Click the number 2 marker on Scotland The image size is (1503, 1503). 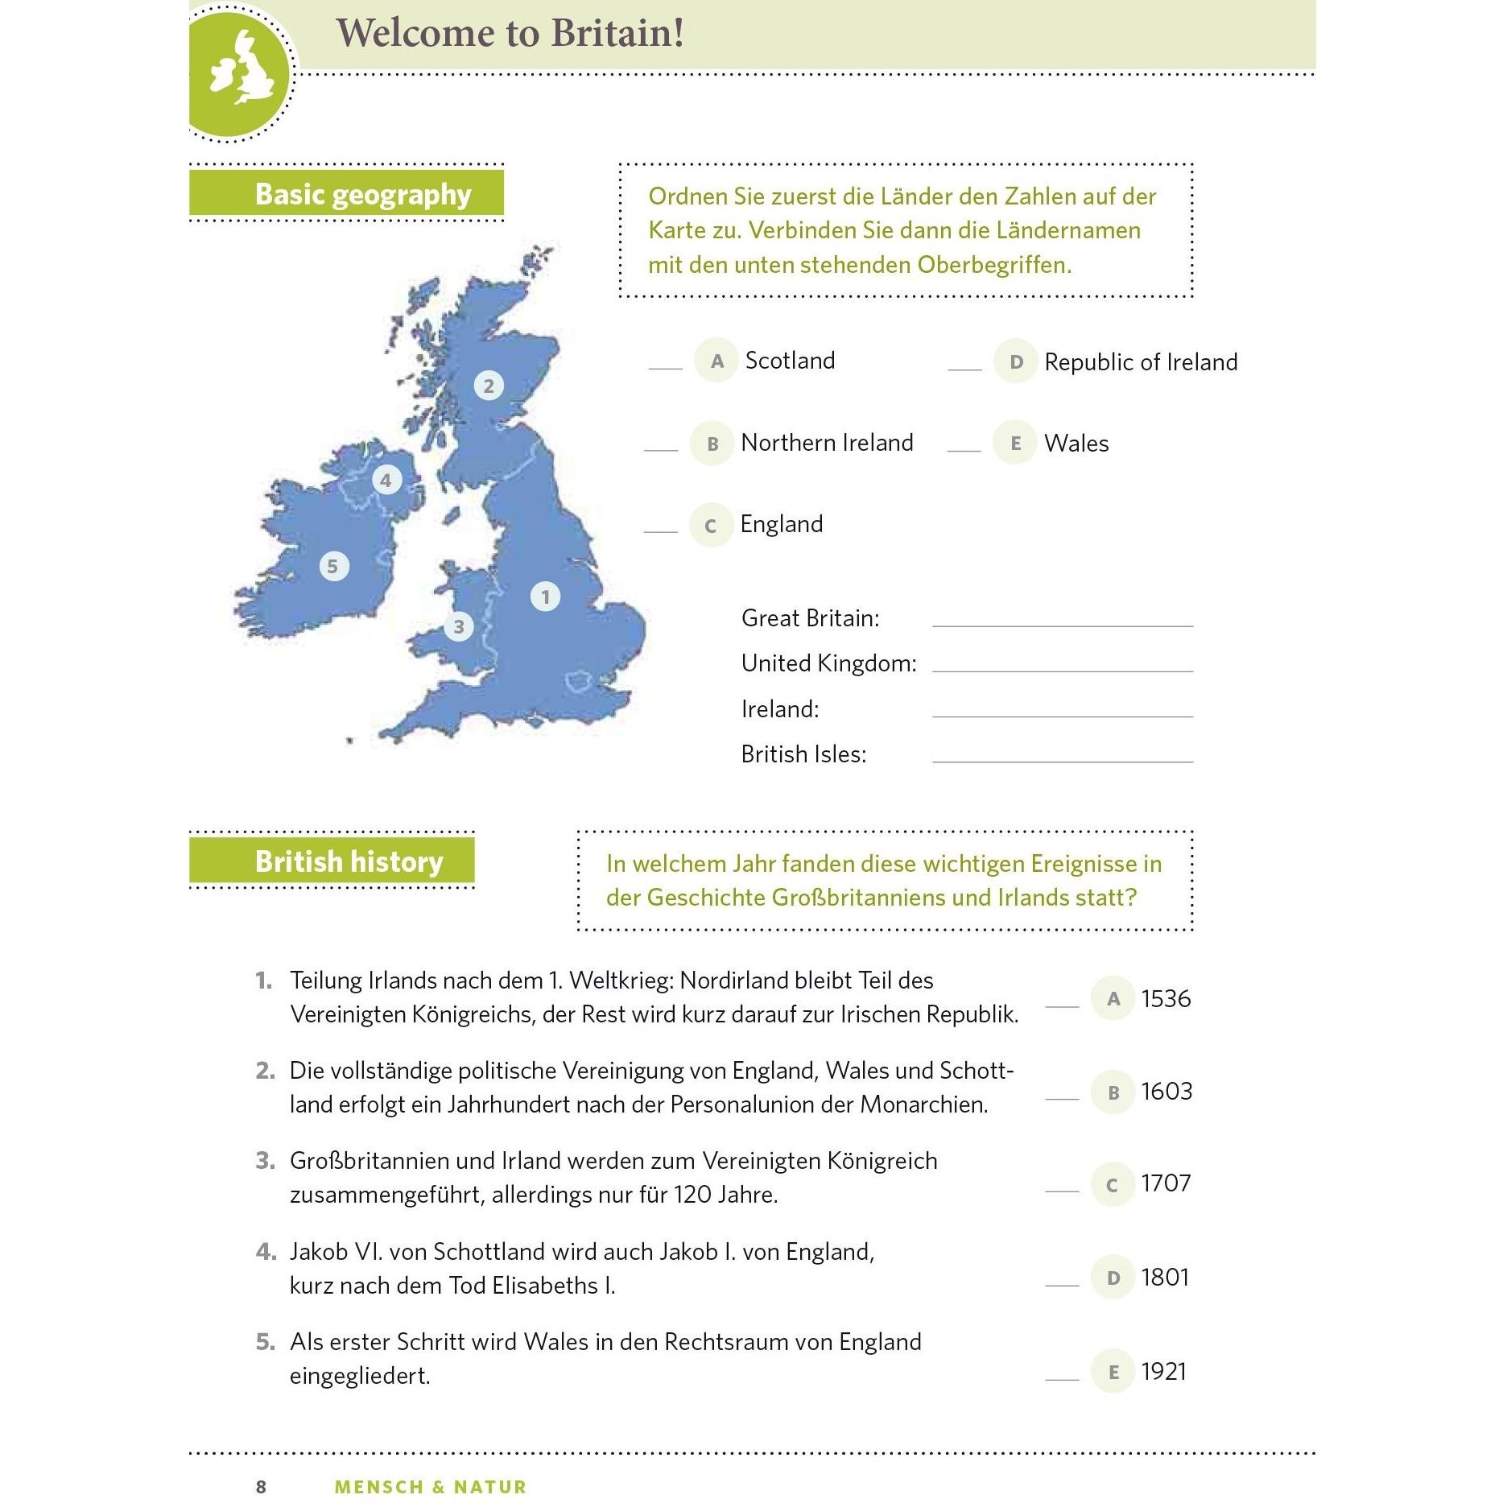click(x=489, y=386)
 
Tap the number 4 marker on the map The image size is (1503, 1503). click(x=386, y=481)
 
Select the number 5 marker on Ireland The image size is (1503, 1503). click(x=333, y=566)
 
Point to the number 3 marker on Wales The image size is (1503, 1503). click(x=459, y=626)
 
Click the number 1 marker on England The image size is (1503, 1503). click(x=545, y=597)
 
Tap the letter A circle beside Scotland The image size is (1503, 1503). click(x=716, y=361)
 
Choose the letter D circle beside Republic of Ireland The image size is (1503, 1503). click(x=1016, y=361)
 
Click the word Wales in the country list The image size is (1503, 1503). click(x=1076, y=444)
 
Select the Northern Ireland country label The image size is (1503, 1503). click(x=827, y=443)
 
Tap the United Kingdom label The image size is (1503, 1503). click(x=828, y=663)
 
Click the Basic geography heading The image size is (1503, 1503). click(x=362, y=194)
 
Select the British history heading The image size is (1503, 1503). click(x=349, y=861)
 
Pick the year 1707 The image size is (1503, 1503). click(x=1166, y=1183)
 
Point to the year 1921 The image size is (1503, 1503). click(x=1163, y=1371)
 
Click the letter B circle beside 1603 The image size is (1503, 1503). click(x=1113, y=1092)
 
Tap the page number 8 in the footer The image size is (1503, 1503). click(x=261, y=1486)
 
